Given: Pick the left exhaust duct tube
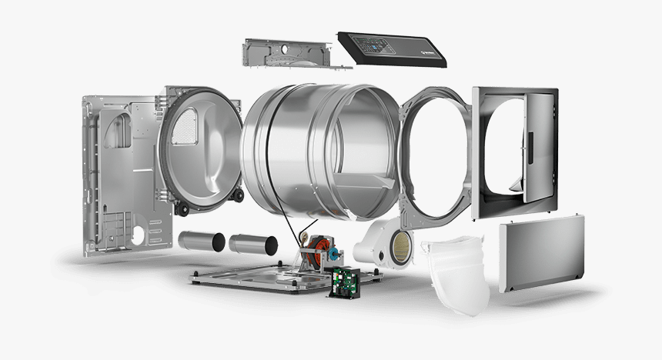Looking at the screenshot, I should [x=201, y=242].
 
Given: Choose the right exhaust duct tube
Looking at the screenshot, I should [x=253, y=245].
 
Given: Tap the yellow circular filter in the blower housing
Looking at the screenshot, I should [x=401, y=245].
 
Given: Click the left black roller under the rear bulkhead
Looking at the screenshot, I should [x=182, y=208].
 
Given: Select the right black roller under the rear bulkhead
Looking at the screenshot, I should [x=238, y=195].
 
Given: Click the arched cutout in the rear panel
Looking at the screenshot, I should [x=118, y=131].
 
